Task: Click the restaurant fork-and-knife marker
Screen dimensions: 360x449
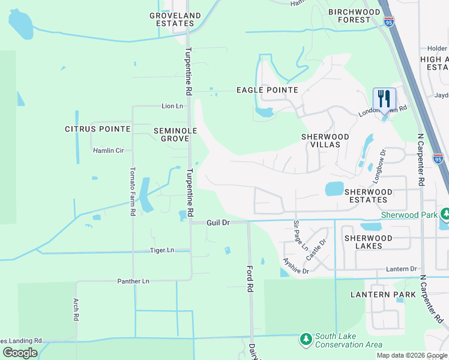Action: pos(384,99)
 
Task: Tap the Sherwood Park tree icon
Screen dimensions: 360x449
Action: pos(445,214)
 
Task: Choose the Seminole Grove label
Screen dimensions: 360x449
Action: pos(171,134)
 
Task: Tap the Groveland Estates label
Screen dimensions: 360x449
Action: pos(175,19)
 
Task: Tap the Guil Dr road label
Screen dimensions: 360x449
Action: pos(218,222)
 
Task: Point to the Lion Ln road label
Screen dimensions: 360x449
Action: pos(172,106)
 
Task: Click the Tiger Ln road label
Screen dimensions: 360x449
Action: pos(162,250)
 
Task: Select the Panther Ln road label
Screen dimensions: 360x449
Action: pos(133,281)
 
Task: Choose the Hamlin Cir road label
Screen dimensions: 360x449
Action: pos(108,151)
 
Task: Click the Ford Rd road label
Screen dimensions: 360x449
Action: pos(250,279)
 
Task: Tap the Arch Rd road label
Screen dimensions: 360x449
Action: pos(76,310)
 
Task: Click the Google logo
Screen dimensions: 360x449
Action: pos(20,353)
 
